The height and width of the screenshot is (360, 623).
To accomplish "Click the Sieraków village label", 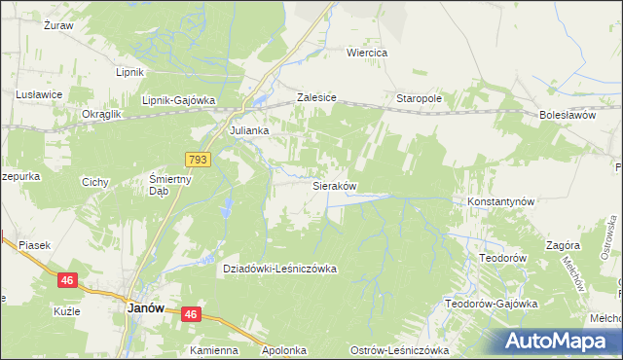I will point(334,185).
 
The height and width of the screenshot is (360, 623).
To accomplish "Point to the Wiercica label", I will point(368,53).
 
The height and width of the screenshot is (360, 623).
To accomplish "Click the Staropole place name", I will point(419,99).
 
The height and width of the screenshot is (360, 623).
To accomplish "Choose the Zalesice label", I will point(316,99).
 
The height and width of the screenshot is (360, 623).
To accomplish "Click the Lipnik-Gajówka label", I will point(178,100).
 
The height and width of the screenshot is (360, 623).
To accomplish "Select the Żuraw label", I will point(59,26).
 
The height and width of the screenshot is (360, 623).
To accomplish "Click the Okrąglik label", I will point(101,115).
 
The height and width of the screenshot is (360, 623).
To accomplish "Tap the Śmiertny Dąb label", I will point(171,185).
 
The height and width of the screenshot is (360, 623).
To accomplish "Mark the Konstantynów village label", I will point(501,201).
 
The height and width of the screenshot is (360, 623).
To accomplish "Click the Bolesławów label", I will point(567,115).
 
